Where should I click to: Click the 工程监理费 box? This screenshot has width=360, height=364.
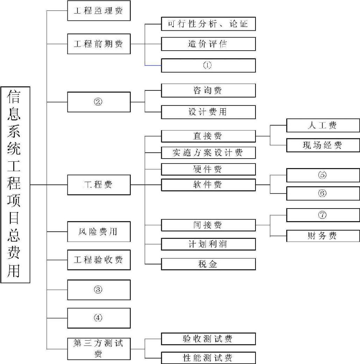[99, 11]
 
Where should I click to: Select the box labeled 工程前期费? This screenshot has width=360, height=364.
[99, 44]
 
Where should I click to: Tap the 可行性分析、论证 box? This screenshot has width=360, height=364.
[208, 24]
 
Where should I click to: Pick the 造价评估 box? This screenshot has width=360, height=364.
[208, 44]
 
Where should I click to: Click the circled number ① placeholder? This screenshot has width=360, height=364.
[208, 65]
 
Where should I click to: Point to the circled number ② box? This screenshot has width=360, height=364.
[99, 102]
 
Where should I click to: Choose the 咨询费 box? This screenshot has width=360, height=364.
[208, 90]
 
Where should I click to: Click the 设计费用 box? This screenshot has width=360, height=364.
[208, 112]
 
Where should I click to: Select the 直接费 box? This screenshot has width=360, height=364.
[208, 136]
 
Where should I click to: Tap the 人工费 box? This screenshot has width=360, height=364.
[323, 125]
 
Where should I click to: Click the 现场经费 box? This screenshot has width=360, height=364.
[323, 145]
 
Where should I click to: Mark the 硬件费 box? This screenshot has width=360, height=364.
[208, 169]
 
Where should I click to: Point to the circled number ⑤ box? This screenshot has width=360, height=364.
[323, 175]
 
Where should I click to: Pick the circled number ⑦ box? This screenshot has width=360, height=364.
[323, 215]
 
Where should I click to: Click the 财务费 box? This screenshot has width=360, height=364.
[323, 236]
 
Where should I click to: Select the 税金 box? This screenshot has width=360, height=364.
[208, 264]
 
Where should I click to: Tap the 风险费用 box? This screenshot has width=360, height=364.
[99, 232]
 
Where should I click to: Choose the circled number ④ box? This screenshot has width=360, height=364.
[99, 318]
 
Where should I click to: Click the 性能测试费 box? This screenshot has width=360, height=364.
[208, 358]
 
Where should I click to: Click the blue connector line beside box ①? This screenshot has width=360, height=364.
[153, 65]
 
